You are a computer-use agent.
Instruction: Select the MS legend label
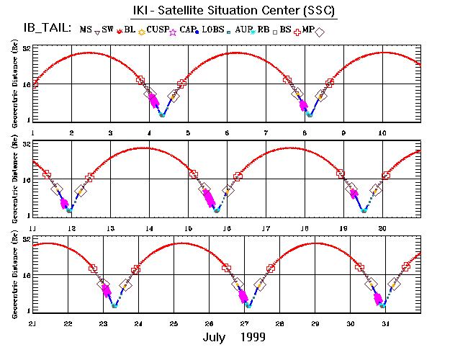(86, 30)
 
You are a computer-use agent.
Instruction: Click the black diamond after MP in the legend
(320, 31)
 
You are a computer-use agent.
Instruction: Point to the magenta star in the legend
(173, 31)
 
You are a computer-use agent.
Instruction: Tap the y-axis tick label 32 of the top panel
(26, 48)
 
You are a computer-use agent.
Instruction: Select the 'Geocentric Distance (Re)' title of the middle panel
(14, 179)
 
